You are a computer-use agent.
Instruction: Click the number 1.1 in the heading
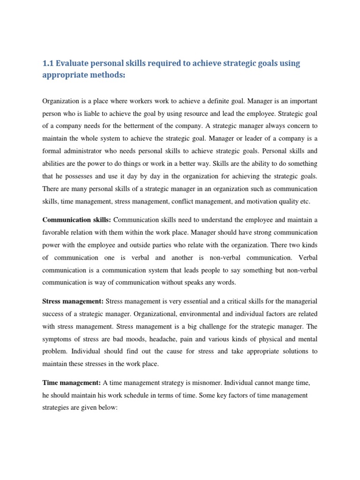(x=48, y=64)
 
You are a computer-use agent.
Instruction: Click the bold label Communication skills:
(x=77, y=219)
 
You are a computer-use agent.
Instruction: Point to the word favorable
(x=56, y=232)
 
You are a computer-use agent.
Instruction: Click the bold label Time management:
(x=72, y=382)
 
